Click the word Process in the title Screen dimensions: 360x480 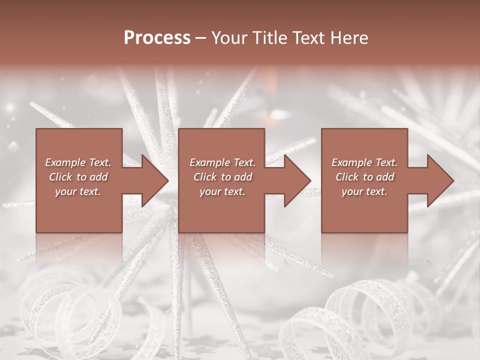tap(157, 38)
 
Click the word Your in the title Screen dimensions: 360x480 tap(228, 38)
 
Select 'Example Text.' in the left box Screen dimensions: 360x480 tap(78, 162)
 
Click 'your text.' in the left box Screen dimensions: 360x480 tap(78, 191)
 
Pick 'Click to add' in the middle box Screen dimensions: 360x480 tap(222, 177)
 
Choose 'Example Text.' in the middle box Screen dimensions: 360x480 tap(222, 162)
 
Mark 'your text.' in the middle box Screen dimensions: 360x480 tap(222, 191)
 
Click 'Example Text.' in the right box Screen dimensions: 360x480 tap(364, 162)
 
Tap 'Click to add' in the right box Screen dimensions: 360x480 tap(364, 177)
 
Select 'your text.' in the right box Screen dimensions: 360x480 tap(364, 191)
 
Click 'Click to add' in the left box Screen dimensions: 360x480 tap(78, 177)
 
